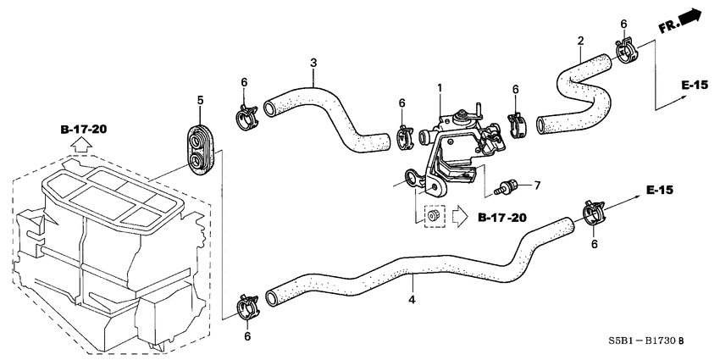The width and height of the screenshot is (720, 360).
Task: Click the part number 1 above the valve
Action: pos(440,87)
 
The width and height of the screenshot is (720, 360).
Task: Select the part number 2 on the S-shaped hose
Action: pos(580,40)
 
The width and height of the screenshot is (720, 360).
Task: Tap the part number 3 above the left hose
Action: pos(313,63)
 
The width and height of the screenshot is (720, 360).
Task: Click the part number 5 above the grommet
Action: pos(201,101)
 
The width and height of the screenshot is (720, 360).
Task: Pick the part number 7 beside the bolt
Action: pos(535,184)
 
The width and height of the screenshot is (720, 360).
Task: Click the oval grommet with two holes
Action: pos(201,149)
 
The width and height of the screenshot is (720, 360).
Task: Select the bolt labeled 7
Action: pos(512,184)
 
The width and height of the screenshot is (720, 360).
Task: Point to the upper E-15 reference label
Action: pos(694,85)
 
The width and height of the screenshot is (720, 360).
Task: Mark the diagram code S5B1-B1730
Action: pos(640,341)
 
